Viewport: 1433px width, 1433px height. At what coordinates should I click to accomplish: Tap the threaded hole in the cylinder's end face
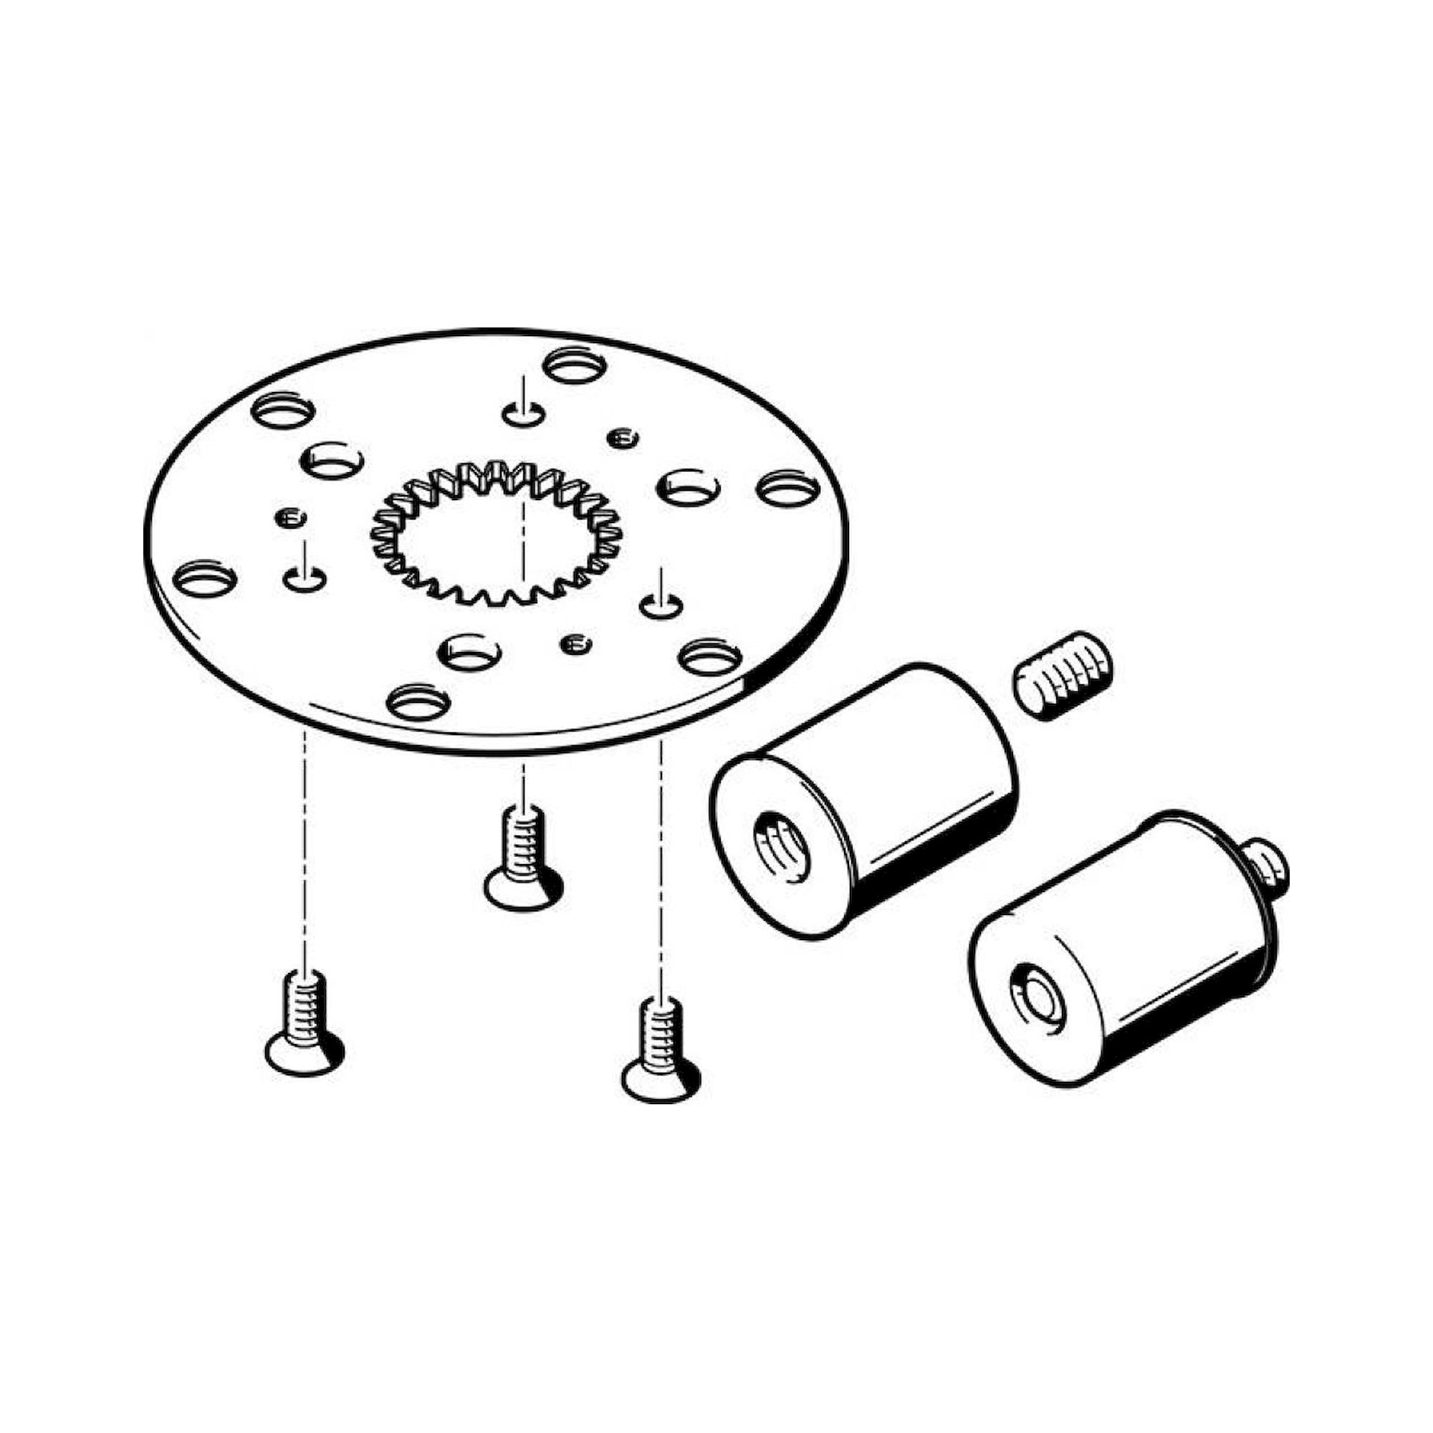(782, 845)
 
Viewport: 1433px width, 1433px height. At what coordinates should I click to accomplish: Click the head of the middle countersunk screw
(523, 887)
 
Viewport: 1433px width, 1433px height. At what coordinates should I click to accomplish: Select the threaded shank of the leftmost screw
(304, 997)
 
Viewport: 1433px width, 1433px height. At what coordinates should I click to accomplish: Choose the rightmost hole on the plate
(787, 489)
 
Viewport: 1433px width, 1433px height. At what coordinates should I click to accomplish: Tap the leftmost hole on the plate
(204, 578)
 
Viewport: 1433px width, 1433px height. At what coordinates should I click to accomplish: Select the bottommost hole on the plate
(419, 701)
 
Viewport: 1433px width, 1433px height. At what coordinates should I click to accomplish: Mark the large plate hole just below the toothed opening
(469, 653)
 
